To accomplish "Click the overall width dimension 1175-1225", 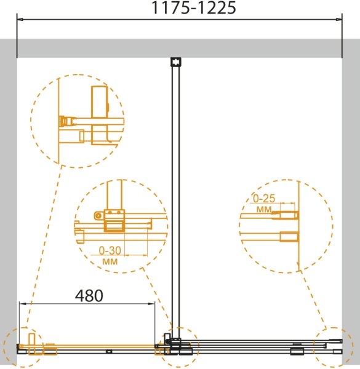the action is click(193, 8).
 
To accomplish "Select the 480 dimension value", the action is click(89, 296).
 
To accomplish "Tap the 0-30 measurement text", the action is click(110, 251).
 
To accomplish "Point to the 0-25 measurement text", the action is click(264, 199).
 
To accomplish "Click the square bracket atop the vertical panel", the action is click(176, 62).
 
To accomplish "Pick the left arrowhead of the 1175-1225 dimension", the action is click(20, 19).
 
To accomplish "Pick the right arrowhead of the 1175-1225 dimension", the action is click(339, 19).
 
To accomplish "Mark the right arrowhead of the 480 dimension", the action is click(152, 304).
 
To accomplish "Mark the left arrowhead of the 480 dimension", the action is click(22, 304).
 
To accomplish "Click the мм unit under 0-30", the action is click(110, 261).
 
